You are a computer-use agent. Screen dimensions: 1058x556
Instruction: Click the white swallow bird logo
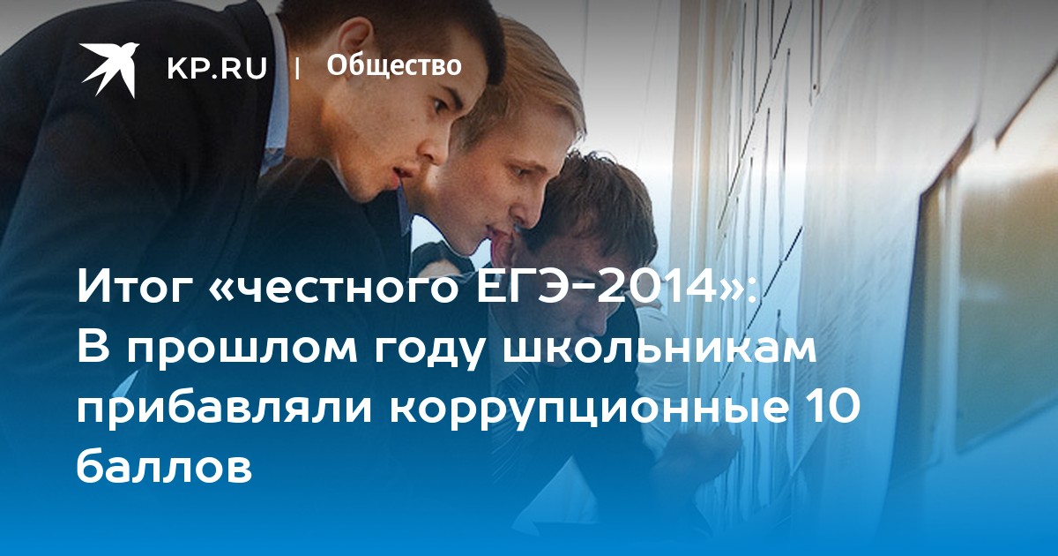109,70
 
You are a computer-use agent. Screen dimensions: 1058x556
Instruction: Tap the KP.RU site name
217,68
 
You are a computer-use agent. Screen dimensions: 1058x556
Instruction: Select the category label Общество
394,66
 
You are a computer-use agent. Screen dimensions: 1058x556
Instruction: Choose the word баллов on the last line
164,466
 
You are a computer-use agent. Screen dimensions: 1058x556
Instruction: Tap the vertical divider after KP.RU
297,68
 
